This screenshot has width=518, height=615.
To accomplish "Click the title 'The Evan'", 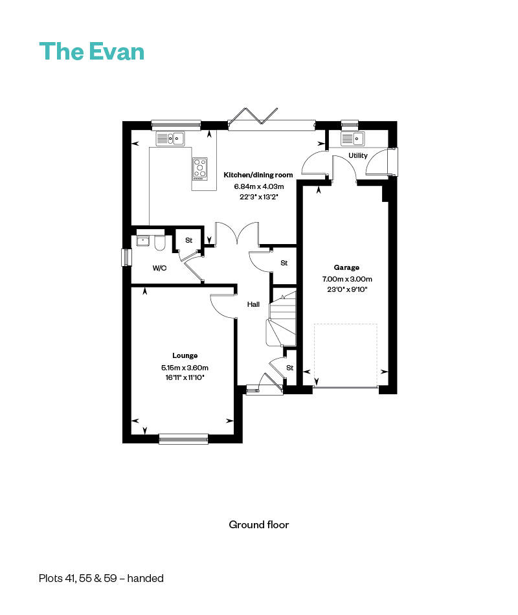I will click(91, 51).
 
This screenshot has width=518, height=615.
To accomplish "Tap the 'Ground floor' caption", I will click(258, 524).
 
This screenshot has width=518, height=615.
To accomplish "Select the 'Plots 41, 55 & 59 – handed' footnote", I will click(101, 578).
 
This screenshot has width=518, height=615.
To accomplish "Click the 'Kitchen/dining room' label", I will click(258, 175).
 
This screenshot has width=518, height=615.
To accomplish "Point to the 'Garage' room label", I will click(346, 267).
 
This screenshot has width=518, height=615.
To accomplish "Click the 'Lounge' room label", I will click(185, 355).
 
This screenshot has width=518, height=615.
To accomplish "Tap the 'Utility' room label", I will click(357, 155).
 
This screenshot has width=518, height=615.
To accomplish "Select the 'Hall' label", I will click(253, 304).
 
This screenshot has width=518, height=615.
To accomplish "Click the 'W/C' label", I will click(159, 268).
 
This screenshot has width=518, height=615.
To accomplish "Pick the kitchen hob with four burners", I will click(200, 168).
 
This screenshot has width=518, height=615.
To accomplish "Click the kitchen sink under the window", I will click(170, 138).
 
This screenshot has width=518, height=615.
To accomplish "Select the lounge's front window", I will click(183, 439).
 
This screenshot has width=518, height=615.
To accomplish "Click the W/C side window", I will click(126, 257).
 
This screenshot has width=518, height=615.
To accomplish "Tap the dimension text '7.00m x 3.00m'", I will click(346, 279).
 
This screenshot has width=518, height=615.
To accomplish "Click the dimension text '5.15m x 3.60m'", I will click(185, 367).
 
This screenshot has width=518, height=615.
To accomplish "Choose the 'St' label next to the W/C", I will click(189, 240).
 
